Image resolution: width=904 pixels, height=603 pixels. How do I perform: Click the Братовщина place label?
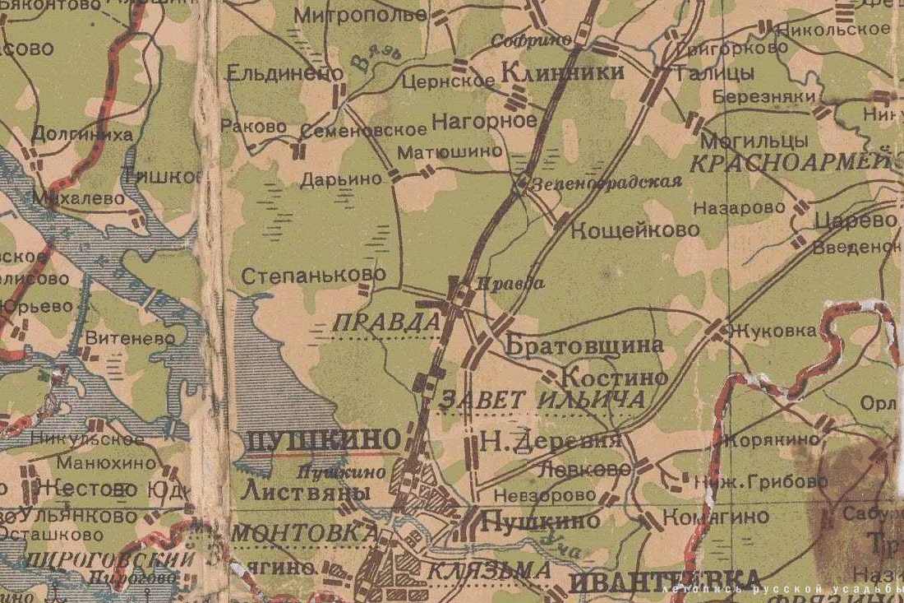click(x=584, y=346)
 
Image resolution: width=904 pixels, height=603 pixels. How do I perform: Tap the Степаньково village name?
click(x=313, y=275)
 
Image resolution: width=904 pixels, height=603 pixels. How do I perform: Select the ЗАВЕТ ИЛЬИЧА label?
click(x=542, y=401)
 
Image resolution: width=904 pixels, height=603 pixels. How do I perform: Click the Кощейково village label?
click(x=634, y=230)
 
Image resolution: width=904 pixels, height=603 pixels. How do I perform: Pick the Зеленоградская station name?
click(x=607, y=183)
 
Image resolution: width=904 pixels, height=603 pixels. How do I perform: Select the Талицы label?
click(x=713, y=73)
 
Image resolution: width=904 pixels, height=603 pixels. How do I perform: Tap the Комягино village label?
click(x=716, y=517)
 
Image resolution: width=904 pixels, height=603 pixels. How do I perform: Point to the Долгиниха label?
click(x=82, y=134)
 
